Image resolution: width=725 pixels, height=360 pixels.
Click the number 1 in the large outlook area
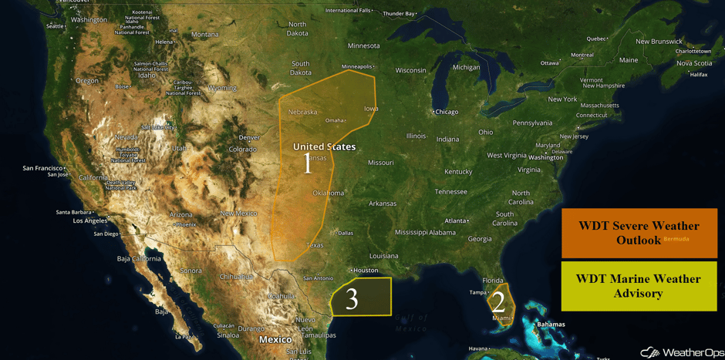(x=308, y=163)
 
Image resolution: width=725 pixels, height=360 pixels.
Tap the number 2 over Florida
(x=498, y=302)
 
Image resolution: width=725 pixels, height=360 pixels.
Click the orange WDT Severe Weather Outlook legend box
(x=639, y=233)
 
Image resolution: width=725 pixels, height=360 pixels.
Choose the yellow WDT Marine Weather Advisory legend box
(x=639, y=286)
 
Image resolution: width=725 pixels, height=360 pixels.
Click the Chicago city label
(x=446, y=112)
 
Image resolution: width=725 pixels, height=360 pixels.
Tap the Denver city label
(x=249, y=137)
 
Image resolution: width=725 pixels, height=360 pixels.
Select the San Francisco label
(x=42, y=167)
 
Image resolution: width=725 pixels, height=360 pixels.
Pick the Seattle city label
(x=55, y=26)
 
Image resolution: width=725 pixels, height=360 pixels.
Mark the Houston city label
(x=366, y=271)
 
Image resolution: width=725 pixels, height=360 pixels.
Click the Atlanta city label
(x=456, y=220)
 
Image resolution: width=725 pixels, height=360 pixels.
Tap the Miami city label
(x=501, y=318)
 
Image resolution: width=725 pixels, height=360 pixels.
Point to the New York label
(x=562, y=99)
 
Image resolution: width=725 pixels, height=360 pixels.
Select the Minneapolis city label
(x=356, y=66)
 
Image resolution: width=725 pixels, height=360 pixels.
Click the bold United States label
(x=324, y=146)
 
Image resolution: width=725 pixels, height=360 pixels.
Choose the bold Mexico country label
(x=275, y=339)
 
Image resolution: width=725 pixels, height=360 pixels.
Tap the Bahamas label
(x=551, y=325)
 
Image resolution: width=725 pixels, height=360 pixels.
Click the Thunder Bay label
(x=399, y=13)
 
